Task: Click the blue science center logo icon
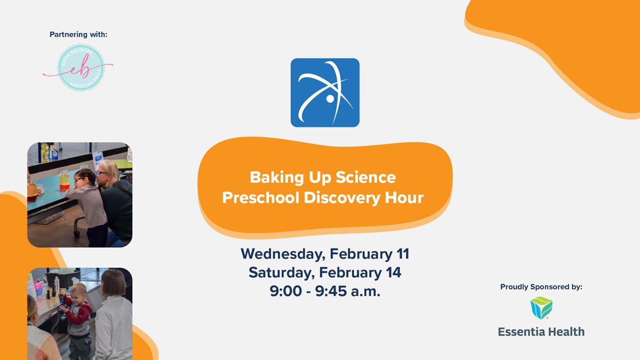(325, 92)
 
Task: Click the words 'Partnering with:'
(78, 35)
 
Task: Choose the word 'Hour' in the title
(404, 198)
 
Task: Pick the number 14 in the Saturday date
(393, 273)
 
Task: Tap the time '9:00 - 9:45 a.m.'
(325, 292)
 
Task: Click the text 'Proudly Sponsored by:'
(541, 287)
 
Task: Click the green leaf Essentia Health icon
(541, 308)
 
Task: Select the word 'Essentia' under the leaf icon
(521, 332)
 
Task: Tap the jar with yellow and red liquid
(65, 180)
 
